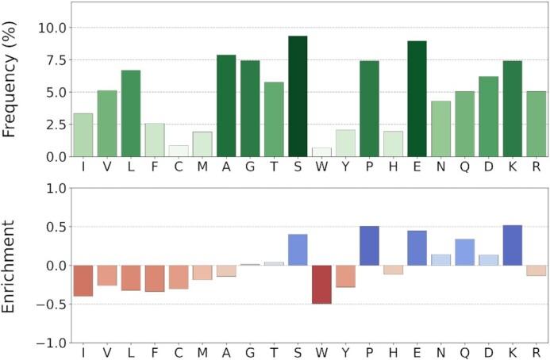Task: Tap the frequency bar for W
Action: pyautogui.click(x=321, y=152)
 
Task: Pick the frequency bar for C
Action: pyautogui.click(x=179, y=151)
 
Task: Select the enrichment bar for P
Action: pyautogui.click(x=369, y=246)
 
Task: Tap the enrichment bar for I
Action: pyautogui.click(x=83, y=281)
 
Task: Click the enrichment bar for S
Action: pyautogui.click(x=298, y=250)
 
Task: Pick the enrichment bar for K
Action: pyautogui.click(x=512, y=245)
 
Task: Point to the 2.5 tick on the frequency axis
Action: pyautogui.click(x=54, y=124)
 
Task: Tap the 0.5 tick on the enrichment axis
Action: pyautogui.click(x=54, y=227)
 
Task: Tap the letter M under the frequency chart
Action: pyautogui.click(x=202, y=169)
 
